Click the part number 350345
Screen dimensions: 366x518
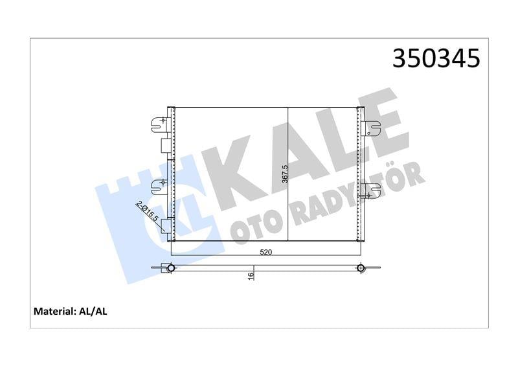[436, 58]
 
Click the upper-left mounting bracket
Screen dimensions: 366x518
[158, 124]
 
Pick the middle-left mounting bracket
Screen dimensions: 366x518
[158, 187]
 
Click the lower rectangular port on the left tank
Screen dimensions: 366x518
[166, 226]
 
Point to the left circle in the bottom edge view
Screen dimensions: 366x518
[171, 268]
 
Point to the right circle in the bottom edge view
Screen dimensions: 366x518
[360, 268]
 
